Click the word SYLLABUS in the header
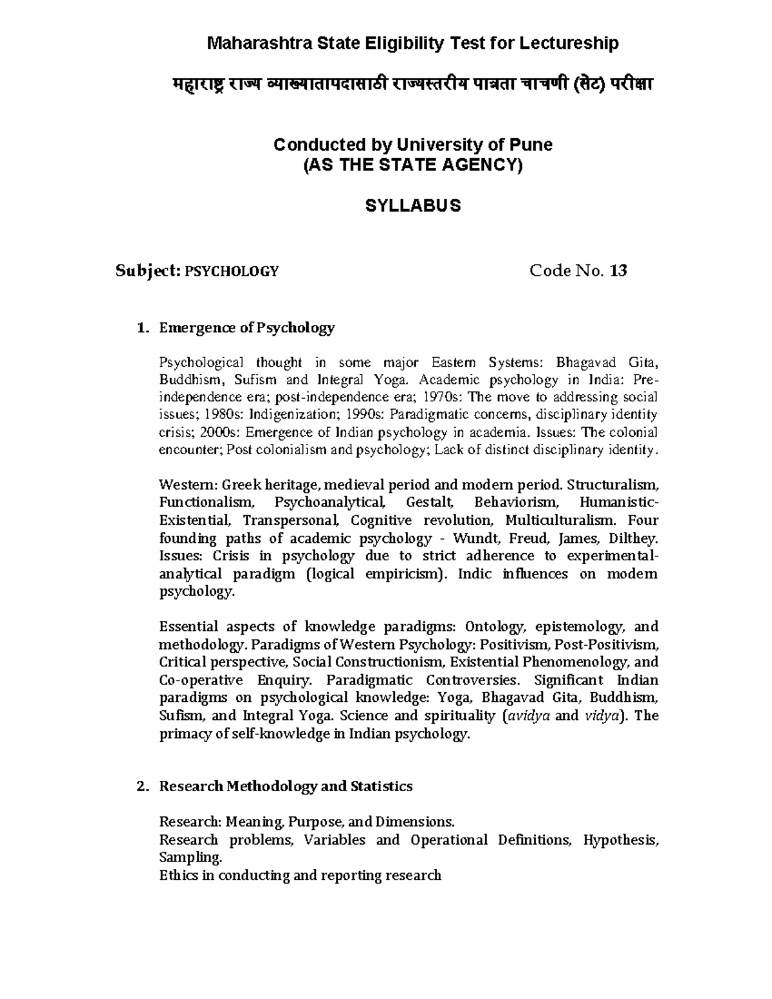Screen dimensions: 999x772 (x=413, y=206)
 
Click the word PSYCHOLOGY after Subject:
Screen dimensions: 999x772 (x=232, y=271)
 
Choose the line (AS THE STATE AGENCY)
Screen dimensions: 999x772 (x=413, y=165)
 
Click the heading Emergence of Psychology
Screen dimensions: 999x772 (x=247, y=328)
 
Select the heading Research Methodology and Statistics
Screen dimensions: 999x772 (x=286, y=786)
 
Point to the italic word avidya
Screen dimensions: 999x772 (x=528, y=716)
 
